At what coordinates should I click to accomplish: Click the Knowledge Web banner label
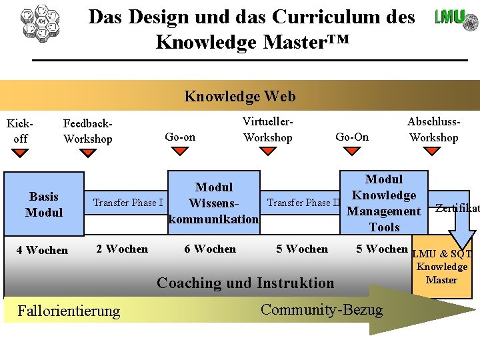point(240,97)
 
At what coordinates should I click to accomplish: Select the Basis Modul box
point(44,204)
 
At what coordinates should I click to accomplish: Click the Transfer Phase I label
point(128,203)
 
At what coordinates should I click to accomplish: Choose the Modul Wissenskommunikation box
point(213,203)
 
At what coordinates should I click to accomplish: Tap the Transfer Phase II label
point(304,203)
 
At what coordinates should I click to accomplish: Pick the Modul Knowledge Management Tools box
point(384,203)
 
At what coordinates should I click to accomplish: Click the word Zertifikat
point(457,208)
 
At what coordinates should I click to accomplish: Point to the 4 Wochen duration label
point(42,251)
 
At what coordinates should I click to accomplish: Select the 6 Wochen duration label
point(210,249)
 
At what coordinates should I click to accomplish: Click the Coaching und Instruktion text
point(245,283)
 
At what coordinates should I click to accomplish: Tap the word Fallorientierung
point(69,311)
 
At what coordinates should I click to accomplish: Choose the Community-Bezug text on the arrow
point(322,309)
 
